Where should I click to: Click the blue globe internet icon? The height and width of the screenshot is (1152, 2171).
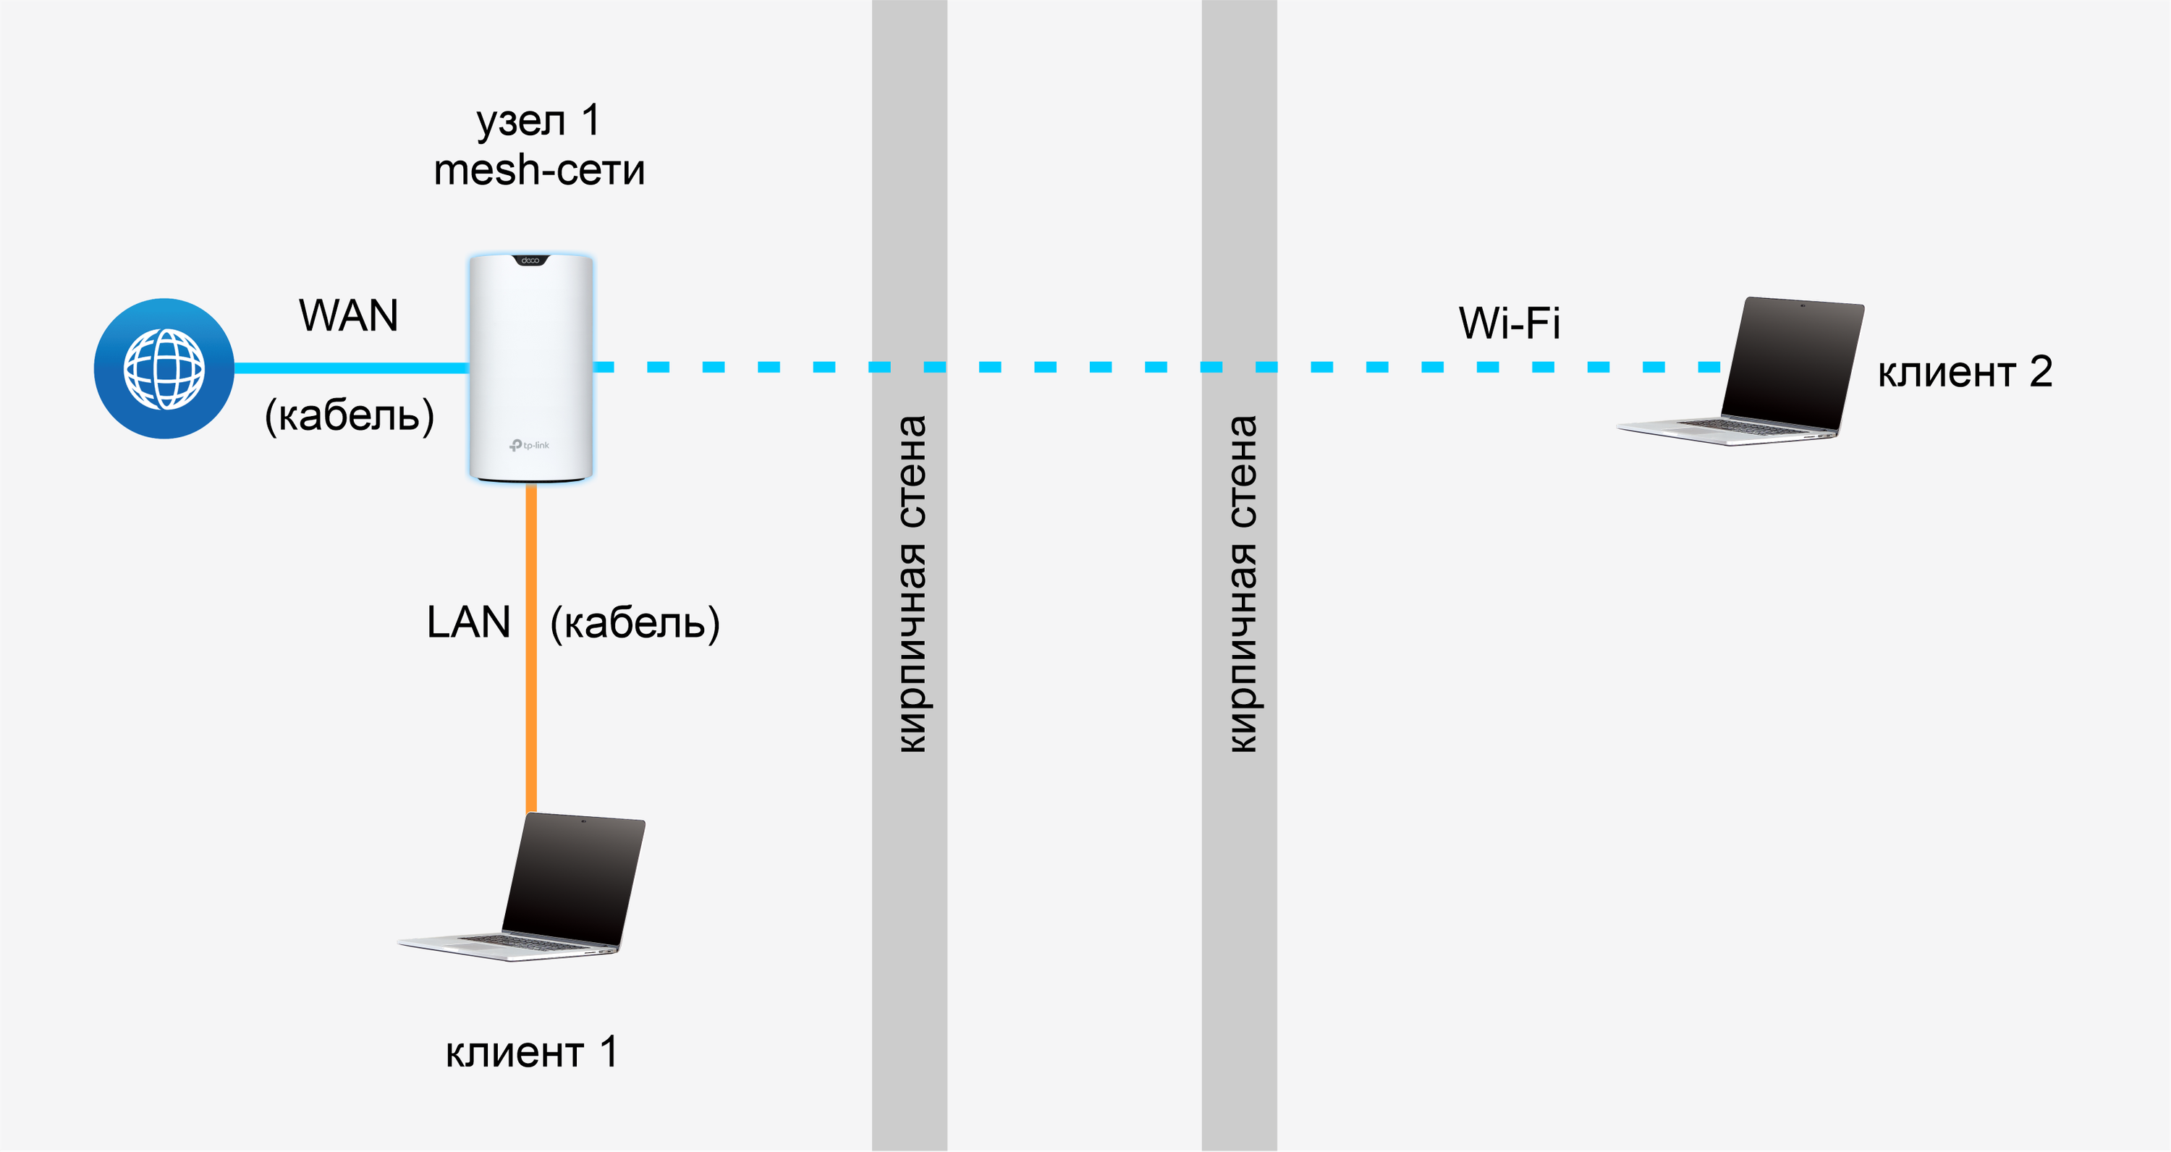[164, 368]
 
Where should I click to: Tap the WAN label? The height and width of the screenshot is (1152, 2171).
[348, 316]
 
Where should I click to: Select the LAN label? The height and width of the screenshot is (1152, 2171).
[469, 623]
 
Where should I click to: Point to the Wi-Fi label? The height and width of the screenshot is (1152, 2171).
[1510, 323]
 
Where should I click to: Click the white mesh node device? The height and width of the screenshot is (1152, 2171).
[531, 363]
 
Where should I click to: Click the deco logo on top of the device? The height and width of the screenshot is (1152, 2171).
[530, 261]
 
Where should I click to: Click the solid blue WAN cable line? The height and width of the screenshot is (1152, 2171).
[350, 368]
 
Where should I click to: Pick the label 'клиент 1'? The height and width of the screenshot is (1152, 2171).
[531, 1051]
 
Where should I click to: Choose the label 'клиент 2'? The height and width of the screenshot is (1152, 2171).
[1965, 372]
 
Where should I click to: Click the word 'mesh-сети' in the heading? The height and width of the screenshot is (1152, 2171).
[539, 170]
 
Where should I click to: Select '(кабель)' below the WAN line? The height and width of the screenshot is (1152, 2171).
[350, 415]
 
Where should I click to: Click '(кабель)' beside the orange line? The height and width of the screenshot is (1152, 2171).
[635, 623]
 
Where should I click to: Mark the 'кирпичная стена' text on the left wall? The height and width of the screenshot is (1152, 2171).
[911, 583]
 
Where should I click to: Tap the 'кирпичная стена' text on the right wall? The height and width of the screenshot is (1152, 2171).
[1241, 583]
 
